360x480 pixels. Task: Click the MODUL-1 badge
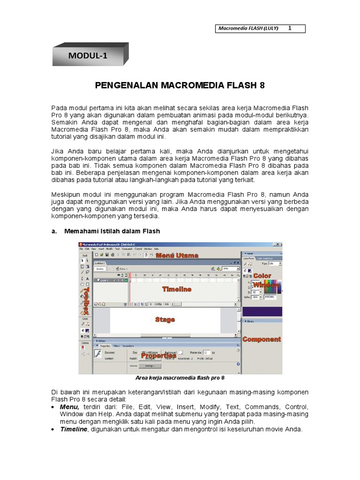tap(88, 56)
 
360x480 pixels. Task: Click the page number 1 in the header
tap(290, 28)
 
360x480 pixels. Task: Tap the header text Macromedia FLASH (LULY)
tap(248, 29)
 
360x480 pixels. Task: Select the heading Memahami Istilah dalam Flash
tap(110, 231)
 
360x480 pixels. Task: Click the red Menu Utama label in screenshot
tap(177, 255)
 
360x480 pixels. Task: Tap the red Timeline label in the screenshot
tap(177, 289)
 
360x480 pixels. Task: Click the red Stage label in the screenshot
tap(165, 319)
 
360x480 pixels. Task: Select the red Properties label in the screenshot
tap(158, 355)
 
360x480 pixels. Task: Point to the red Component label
tap(262, 339)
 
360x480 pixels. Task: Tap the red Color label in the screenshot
tap(262, 276)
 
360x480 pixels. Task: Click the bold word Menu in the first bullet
tap(69, 407)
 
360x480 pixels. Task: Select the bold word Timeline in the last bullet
tap(73, 429)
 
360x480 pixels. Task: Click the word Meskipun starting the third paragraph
tap(67, 194)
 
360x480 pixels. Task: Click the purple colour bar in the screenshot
tap(262, 311)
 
